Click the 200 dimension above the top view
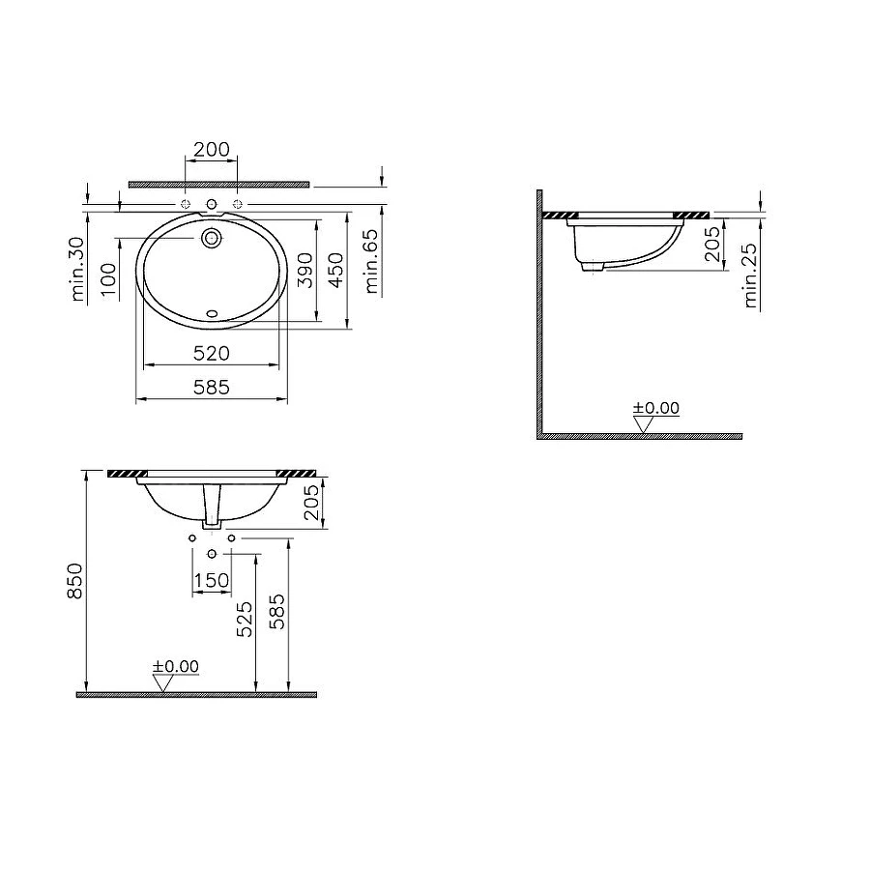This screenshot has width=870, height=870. pos(211,149)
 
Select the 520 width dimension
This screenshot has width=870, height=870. pos(212,352)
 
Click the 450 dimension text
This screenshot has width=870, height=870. pos(335,273)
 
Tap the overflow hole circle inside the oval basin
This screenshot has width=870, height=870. pos(212,237)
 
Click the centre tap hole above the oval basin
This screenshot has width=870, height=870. pos(212,205)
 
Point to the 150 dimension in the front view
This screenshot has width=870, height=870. pos(212,580)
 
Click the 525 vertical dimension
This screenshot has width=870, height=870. pos(245,620)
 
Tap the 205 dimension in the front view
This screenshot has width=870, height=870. pos(312,503)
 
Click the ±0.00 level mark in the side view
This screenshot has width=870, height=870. pos(656,410)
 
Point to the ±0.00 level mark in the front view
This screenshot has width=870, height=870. pos(175,667)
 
